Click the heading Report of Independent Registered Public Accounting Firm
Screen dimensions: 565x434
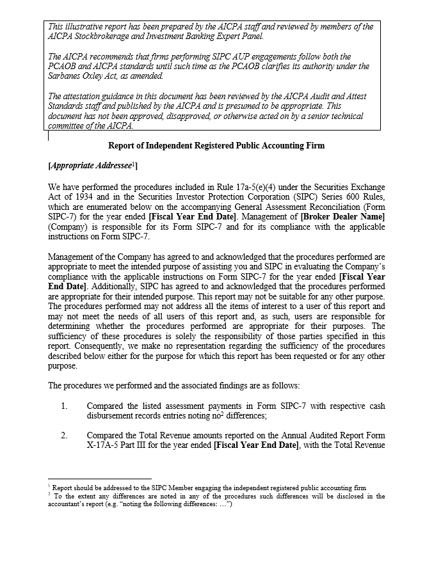click(x=216, y=146)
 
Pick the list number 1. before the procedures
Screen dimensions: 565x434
click(x=65, y=406)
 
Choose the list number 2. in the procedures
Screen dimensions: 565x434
click(x=65, y=435)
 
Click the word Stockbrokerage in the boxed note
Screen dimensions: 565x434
click(x=102, y=36)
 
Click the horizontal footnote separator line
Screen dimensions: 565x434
click(x=99, y=478)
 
